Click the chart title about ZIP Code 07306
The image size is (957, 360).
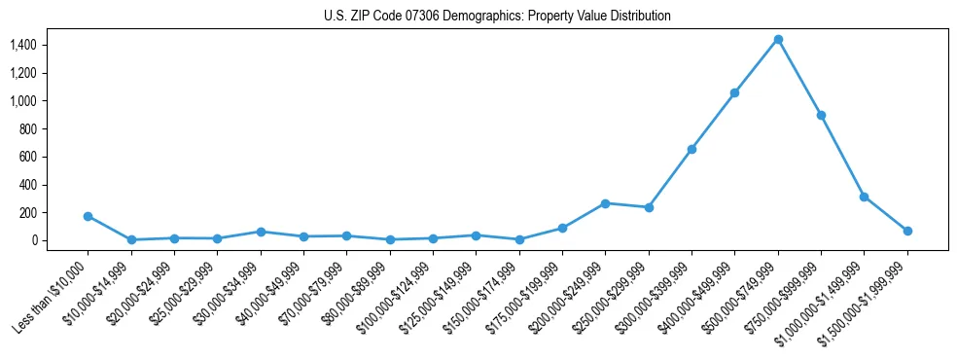coord(497,17)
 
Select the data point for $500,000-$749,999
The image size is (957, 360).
coord(778,39)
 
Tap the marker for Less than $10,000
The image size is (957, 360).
coord(89,216)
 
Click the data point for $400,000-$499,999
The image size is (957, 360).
coord(734,92)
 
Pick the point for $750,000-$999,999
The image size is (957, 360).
coord(821,115)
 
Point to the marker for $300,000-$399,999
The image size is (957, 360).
coord(691,149)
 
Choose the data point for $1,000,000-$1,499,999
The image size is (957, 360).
coord(864,197)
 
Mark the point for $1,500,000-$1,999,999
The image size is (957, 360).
coord(907,231)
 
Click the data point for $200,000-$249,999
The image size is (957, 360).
coord(605,203)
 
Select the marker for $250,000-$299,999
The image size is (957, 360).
coord(649,207)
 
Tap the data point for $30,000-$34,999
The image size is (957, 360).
coord(261,232)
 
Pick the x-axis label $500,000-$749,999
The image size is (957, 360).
coord(741,298)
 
